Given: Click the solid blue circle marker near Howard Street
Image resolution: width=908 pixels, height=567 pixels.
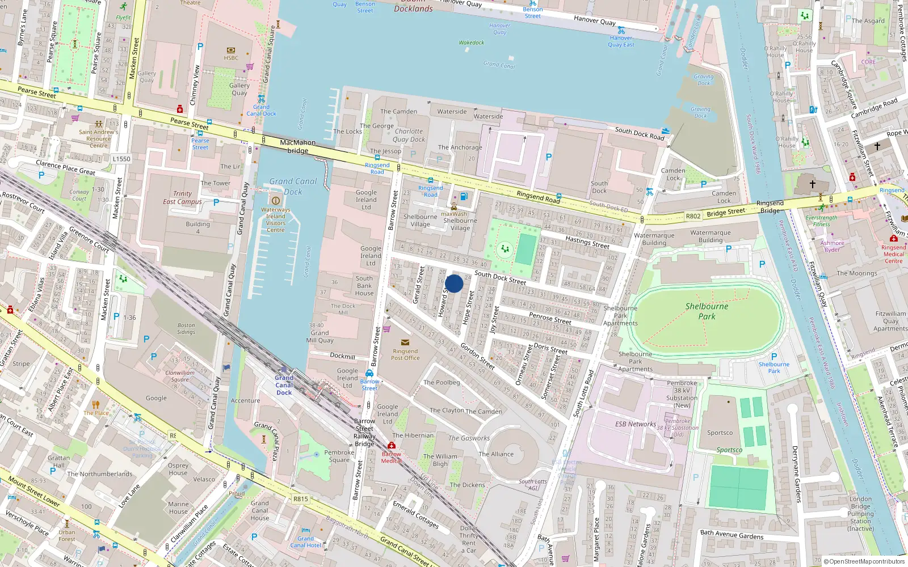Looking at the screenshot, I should coord(454,283).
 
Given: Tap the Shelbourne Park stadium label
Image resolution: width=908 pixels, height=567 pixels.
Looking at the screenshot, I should coord(707,311).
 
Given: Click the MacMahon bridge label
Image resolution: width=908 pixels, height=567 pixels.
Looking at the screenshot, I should coord(297,146).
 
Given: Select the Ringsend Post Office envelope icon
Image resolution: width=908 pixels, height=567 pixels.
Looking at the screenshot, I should coord(405,342).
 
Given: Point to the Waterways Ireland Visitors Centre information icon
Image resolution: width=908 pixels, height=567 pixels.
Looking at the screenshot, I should coord(276,200).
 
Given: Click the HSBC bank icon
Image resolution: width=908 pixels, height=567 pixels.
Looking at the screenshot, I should coord(231,50).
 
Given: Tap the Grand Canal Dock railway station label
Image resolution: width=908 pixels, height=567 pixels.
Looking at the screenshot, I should coord(284,385).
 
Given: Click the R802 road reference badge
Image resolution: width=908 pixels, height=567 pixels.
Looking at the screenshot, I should coord(693,216).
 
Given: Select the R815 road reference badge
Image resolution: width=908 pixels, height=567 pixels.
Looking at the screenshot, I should coord(301,499).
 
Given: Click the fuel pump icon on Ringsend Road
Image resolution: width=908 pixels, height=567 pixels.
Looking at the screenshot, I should coord(464,196).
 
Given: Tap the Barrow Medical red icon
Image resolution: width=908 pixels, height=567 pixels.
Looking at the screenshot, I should coord(392,446).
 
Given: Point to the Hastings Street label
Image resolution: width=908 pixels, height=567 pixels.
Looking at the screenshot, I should coord(587,242).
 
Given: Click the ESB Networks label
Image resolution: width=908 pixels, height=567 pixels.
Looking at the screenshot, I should coord(635,424).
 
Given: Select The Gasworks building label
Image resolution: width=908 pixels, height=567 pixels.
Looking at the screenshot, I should coord(469,438).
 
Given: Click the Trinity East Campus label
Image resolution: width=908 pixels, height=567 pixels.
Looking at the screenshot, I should coord(182,197).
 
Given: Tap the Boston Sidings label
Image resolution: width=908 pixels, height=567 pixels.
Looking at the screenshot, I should coord(186,328).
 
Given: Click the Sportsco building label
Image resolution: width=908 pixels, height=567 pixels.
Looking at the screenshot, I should coord(720,433).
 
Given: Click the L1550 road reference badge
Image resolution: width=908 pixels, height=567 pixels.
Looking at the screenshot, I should coord(121,159).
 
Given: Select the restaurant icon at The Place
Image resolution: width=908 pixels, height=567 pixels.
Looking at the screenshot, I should coord(96,404).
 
